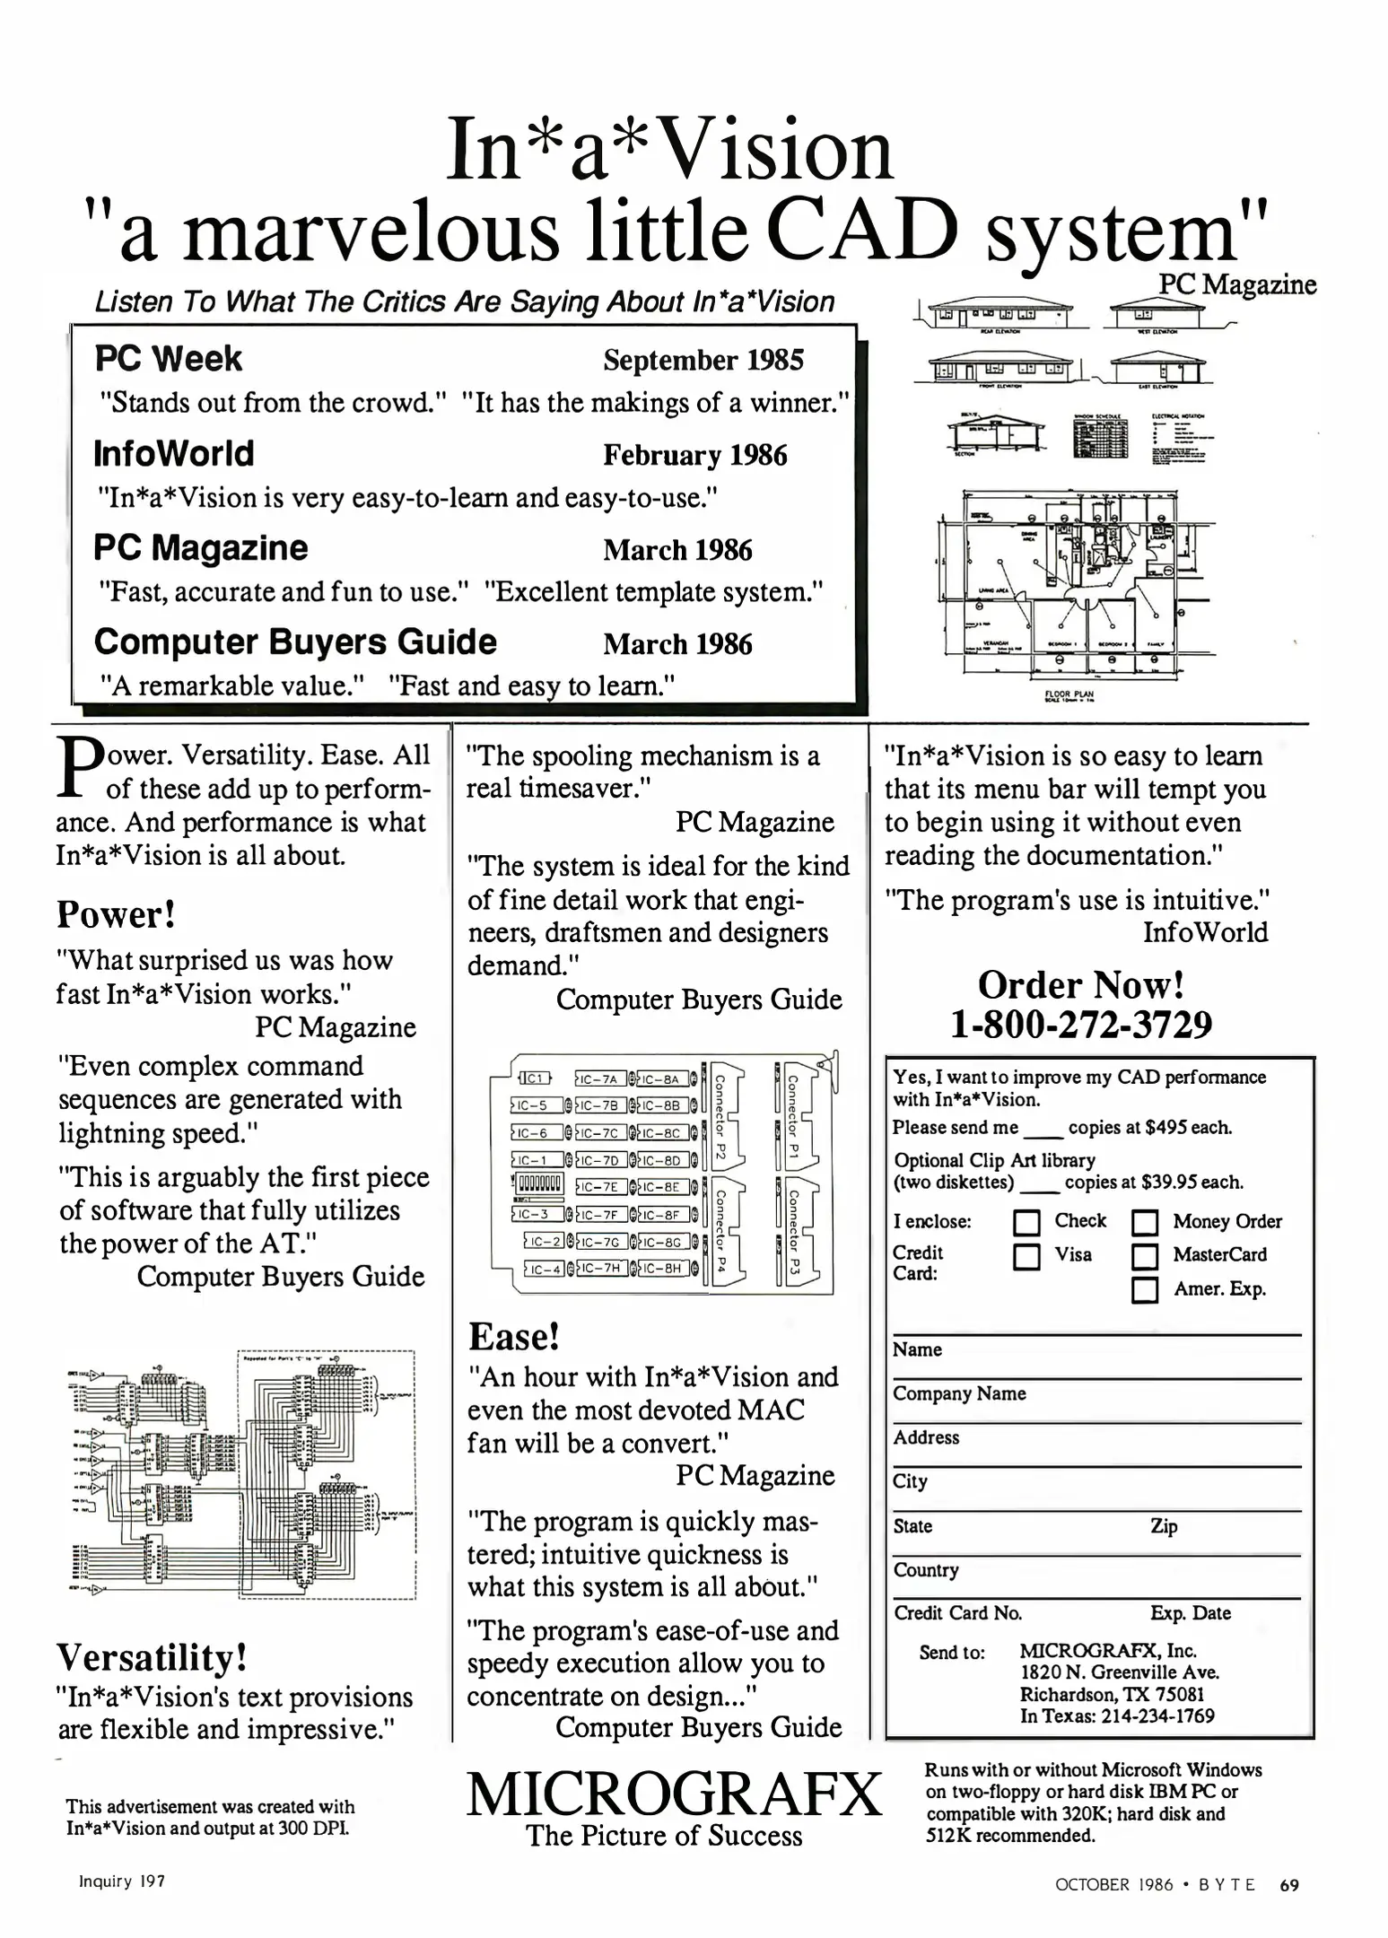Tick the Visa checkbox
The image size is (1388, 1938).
click(x=1026, y=1256)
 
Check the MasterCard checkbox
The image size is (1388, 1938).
click(x=1145, y=1256)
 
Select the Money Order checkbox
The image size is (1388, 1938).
click(x=1145, y=1223)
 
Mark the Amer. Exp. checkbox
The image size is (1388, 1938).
click(x=1145, y=1290)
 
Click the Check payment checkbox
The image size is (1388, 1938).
click(x=1026, y=1223)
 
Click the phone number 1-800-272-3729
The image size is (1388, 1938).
click(x=1081, y=1024)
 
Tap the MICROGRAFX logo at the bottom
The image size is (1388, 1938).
click(x=674, y=1794)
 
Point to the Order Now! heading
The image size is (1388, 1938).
click(x=1081, y=984)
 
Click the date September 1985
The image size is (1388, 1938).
click(x=703, y=360)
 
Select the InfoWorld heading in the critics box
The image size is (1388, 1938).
click(x=174, y=454)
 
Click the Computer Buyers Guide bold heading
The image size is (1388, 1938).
click(x=295, y=642)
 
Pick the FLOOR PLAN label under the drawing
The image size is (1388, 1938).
click(x=1069, y=694)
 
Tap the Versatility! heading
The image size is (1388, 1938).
click(x=152, y=1656)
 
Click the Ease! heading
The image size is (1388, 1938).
click(x=514, y=1337)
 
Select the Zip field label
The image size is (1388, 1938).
click(x=1163, y=1526)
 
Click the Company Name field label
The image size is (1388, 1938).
click(x=959, y=1393)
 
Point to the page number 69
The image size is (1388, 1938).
click(x=1288, y=1885)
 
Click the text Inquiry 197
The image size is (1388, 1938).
click(x=122, y=1881)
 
